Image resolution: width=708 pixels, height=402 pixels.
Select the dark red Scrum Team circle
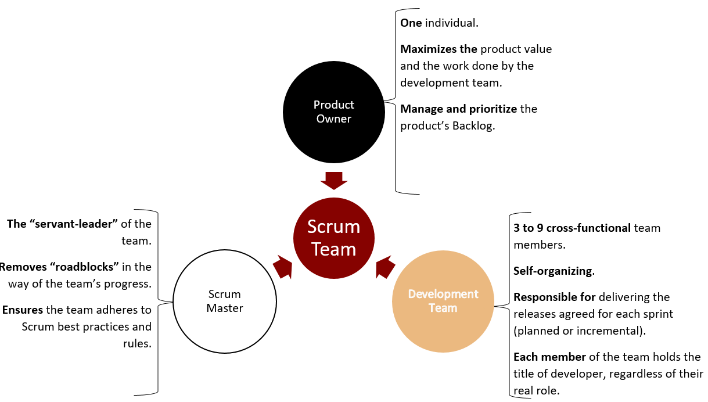[x=333, y=238]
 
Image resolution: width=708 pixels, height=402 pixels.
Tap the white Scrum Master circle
[x=224, y=301]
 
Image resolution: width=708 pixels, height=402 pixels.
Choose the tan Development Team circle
[x=443, y=301]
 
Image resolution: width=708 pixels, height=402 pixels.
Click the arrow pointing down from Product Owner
[x=333, y=180]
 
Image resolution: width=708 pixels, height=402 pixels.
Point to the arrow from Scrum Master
[x=282, y=267]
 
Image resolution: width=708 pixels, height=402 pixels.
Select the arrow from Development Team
[x=386, y=267]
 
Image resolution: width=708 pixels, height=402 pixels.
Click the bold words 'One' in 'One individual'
[x=411, y=23]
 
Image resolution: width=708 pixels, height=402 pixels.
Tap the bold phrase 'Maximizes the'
[x=439, y=49]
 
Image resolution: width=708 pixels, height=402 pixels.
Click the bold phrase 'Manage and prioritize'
[x=459, y=109]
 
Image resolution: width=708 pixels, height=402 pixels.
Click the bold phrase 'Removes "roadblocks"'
[x=59, y=267]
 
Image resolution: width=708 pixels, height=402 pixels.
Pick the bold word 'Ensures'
[x=23, y=310]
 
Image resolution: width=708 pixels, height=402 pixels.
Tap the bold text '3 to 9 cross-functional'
[x=572, y=228]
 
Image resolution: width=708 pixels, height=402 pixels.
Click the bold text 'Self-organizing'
[x=553, y=271]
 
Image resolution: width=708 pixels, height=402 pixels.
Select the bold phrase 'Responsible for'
[x=555, y=297]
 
